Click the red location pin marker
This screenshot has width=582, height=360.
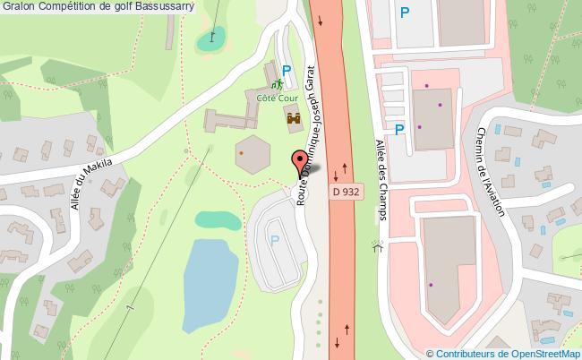click(297, 164)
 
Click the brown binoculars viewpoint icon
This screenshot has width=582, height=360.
click(293, 116)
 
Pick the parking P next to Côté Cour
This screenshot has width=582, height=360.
click(287, 70)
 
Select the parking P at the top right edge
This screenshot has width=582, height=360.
click(406, 13)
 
